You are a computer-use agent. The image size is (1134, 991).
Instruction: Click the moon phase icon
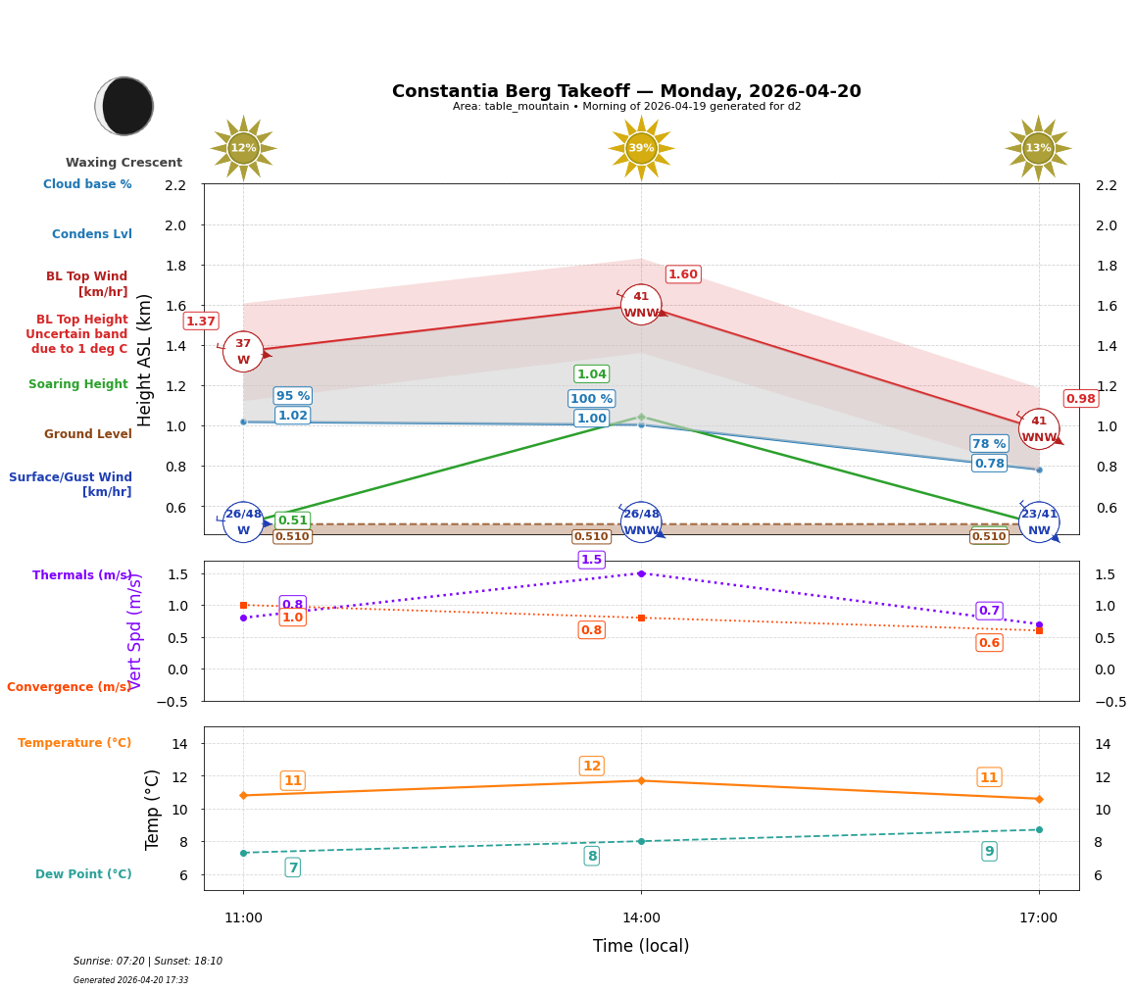124,106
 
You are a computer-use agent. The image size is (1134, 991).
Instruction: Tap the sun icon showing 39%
641,148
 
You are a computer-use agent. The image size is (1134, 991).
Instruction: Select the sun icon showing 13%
1038,148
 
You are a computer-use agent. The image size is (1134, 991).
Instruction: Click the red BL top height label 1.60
683,274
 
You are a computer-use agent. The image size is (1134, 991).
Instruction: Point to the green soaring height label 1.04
591,374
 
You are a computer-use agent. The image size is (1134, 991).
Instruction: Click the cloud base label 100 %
591,399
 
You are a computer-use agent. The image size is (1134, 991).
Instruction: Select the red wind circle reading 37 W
243,352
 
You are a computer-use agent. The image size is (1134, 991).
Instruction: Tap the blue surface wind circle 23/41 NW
1039,522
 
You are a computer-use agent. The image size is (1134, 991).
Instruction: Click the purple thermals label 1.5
591,560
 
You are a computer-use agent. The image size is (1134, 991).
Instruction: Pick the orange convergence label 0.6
989,643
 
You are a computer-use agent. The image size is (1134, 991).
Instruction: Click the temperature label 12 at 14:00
591,767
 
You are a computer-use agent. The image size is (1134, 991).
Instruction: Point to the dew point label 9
989,852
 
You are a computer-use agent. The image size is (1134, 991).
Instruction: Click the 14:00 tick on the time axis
641,918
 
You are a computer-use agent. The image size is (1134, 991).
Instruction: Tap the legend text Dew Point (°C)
83,874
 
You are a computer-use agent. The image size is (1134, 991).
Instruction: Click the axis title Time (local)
641,946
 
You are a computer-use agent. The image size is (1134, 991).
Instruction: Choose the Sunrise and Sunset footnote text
148,962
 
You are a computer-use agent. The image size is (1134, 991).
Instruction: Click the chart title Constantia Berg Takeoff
626,91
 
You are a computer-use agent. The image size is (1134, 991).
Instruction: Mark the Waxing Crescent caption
123,163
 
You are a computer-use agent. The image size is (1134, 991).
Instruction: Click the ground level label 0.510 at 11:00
292,537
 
